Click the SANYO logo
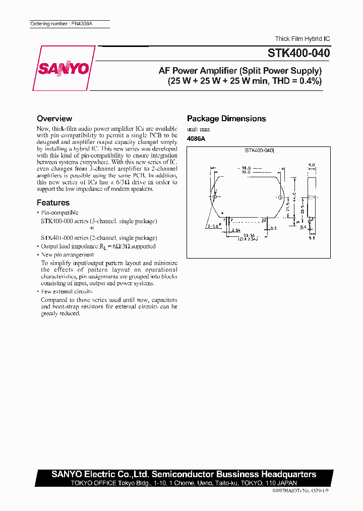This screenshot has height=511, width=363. (64, 69)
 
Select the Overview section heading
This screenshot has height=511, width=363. (54, 119)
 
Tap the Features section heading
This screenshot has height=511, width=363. (53, 202)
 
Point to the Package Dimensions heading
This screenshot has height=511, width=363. (226, 119)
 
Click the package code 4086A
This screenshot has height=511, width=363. (196, 138)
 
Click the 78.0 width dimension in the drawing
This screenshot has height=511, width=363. (246, 168)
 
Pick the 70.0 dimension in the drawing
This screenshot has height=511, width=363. (246, 172)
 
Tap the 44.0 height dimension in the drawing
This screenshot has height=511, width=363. (294, 195)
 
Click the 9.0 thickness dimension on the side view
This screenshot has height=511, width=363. (311, 165)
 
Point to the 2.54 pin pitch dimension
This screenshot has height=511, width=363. (236, 230)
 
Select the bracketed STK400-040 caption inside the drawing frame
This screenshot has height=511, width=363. (259, 150)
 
